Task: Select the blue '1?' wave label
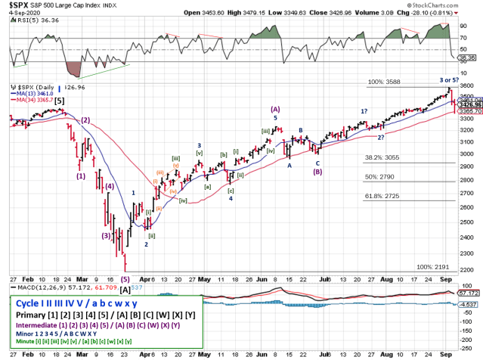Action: point(364,112)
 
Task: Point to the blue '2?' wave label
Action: point(382,136)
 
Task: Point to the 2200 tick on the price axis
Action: point(469,269)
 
